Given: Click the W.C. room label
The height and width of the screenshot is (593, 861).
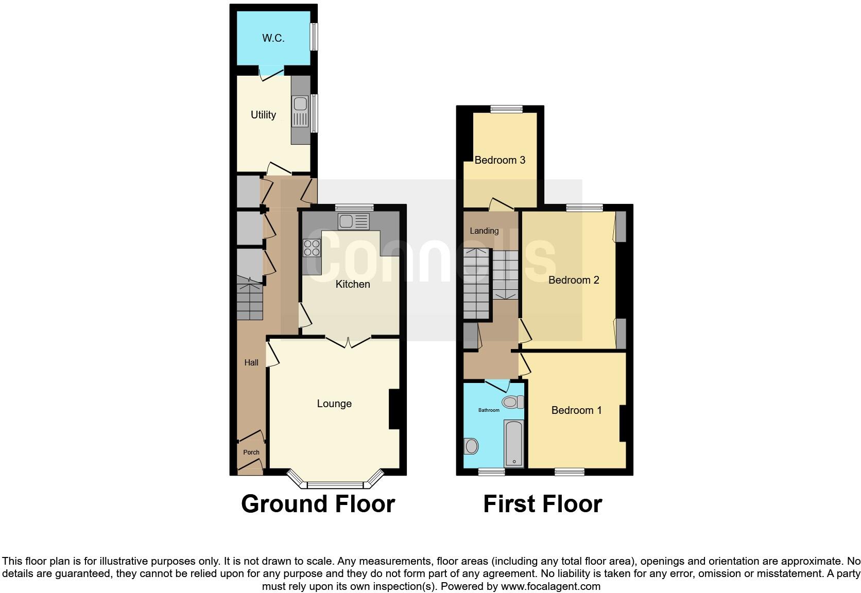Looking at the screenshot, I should pyautogui.click(x=273, y=38).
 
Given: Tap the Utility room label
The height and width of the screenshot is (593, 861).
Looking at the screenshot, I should pyautogui.click(x=263, y=115).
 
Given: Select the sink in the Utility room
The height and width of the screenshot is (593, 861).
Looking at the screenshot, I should pyautogui.click(x=300, y=111).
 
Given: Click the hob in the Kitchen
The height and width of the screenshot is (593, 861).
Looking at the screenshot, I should pyautogui.click(x=312, y=248).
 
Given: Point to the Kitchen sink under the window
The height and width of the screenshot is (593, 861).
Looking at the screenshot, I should pyautogui.click(x=353, y=221).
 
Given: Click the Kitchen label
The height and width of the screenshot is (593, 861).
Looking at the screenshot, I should pyautogui.click(x=353, y=284).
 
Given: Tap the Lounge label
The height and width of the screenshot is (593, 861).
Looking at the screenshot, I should pyautogui.click(x=334, y=404).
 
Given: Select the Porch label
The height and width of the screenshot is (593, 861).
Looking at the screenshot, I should pyautogui.click(x=251, y=452).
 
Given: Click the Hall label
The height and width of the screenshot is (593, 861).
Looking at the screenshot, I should pyautogui.click(x=251, y=362).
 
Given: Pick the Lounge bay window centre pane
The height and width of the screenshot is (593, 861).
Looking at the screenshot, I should pyautogui.click(x=335, y=484).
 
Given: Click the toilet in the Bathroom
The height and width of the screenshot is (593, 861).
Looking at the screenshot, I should pyautogui.click(x=512, y=402).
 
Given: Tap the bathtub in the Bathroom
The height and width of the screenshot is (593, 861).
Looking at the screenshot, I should pyautogui.click(x=514, y=443).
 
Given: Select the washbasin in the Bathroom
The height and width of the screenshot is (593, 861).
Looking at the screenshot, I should pyautogui.click(x=471, y=446).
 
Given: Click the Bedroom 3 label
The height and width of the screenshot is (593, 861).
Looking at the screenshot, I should pyautogui.click(x=500, y=160).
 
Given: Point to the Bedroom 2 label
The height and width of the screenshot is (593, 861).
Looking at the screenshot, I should pyautogui.click(x=574, y=280).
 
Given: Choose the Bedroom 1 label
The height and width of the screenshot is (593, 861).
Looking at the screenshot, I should pyautogui.click(x=576, y=410).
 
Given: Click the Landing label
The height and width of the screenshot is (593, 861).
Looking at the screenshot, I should pyautogui.click(x=484, y=231).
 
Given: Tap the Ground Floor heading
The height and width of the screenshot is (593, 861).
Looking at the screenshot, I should pyautogui.click(x=318, y=504).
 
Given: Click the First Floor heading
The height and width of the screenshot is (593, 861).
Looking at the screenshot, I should pyautogui.click(x=542, y=504).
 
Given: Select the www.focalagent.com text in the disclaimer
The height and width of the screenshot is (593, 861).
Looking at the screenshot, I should pyautogui.click(x=550, y=586).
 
